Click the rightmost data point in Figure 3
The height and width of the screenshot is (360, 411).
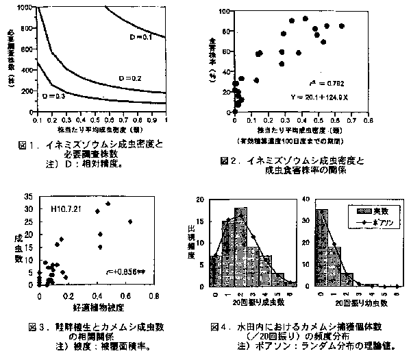130,221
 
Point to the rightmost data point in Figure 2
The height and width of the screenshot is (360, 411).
342,26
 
